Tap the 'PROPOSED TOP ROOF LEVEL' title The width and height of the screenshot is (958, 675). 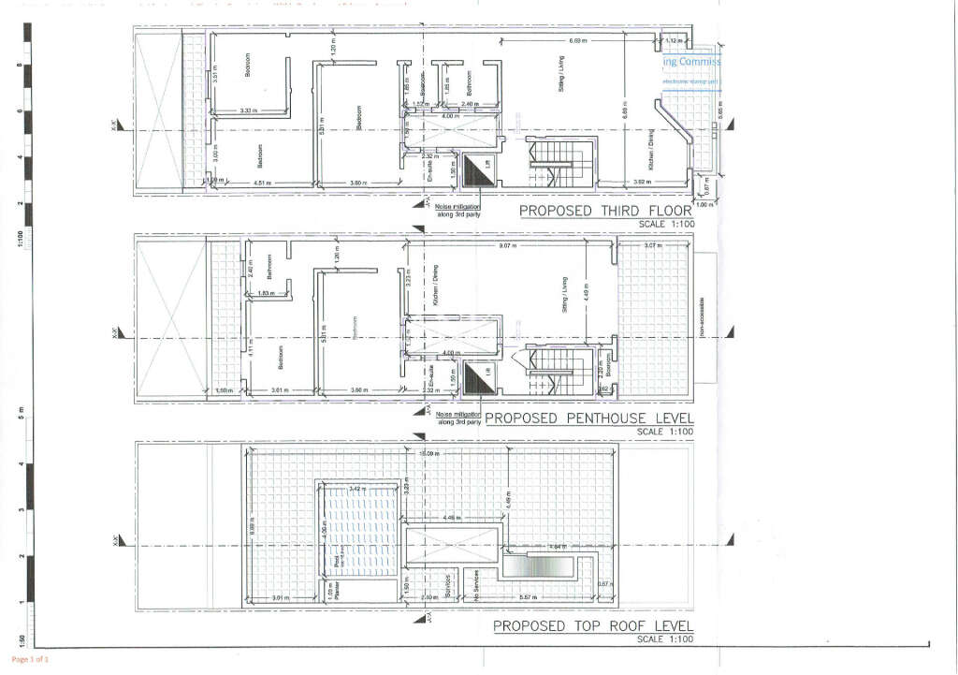(593, 625)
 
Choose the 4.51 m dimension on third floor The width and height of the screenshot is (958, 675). (264, 182)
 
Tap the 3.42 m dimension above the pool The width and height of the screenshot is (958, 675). (356, 489)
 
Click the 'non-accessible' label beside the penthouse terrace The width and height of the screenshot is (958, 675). (703, 318)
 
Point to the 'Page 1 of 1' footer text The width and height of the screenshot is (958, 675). (29, 660)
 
